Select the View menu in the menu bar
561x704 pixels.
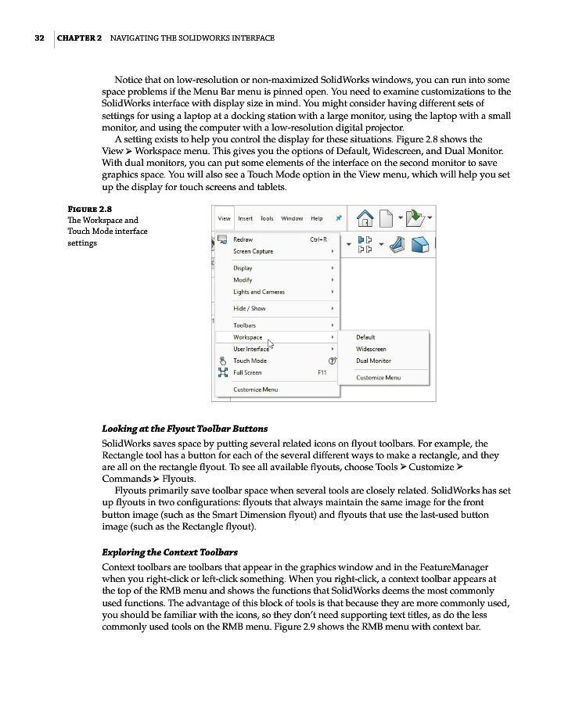[224, 218]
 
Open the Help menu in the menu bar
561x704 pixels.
[316, 218]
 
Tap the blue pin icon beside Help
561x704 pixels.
[338, 218]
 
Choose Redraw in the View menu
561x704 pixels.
[243, 239]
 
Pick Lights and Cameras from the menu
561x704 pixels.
[259, 292]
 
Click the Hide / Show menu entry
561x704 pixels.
[249, 308]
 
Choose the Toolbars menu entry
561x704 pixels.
[244, 325]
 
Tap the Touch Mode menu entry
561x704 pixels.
[250, 361]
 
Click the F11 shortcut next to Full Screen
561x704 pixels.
[322, 372]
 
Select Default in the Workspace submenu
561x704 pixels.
[365, 337]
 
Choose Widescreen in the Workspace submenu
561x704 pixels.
[371, 349]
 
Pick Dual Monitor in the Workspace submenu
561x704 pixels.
[373, 361]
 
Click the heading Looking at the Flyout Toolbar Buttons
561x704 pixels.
[185, 429]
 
